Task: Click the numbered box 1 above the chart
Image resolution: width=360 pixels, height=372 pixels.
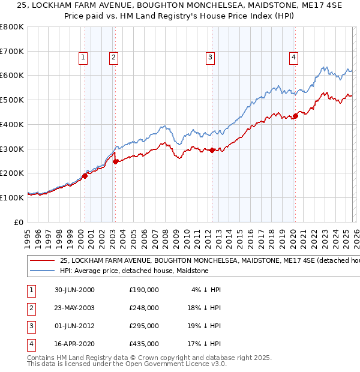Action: (82, 58)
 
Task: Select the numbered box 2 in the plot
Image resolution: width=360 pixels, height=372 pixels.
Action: (113, 58)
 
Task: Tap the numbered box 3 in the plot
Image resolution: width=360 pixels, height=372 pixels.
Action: (211, 58)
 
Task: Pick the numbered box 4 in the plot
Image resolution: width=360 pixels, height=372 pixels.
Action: (293, 58)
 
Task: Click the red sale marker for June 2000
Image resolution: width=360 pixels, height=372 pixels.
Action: (85, 176)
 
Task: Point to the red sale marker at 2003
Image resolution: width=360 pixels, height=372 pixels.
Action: (115, 161)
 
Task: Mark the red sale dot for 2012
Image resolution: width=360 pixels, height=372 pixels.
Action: (212, 150)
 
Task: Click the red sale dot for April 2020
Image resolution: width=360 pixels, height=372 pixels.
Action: (295, 116)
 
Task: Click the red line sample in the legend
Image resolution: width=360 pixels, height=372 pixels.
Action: (42, 261)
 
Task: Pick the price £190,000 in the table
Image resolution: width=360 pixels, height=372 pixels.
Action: (144, 290)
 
